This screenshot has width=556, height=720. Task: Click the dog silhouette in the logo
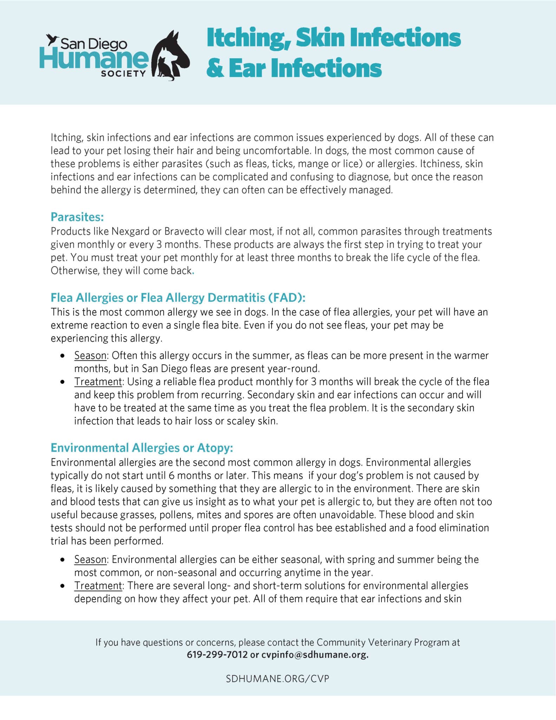click(x=176, y=49)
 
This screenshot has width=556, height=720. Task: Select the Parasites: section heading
click(x=77, y=217)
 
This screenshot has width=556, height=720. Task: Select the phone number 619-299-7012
click(x=217, y=655)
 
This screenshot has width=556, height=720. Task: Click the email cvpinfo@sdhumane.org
click(x=315, y=655)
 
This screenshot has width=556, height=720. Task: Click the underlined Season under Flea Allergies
click(x=90, y=355)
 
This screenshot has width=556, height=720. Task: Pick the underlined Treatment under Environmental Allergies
click(x=98, y=586)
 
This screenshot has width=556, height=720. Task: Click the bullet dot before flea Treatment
click(x=63, y=382)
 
